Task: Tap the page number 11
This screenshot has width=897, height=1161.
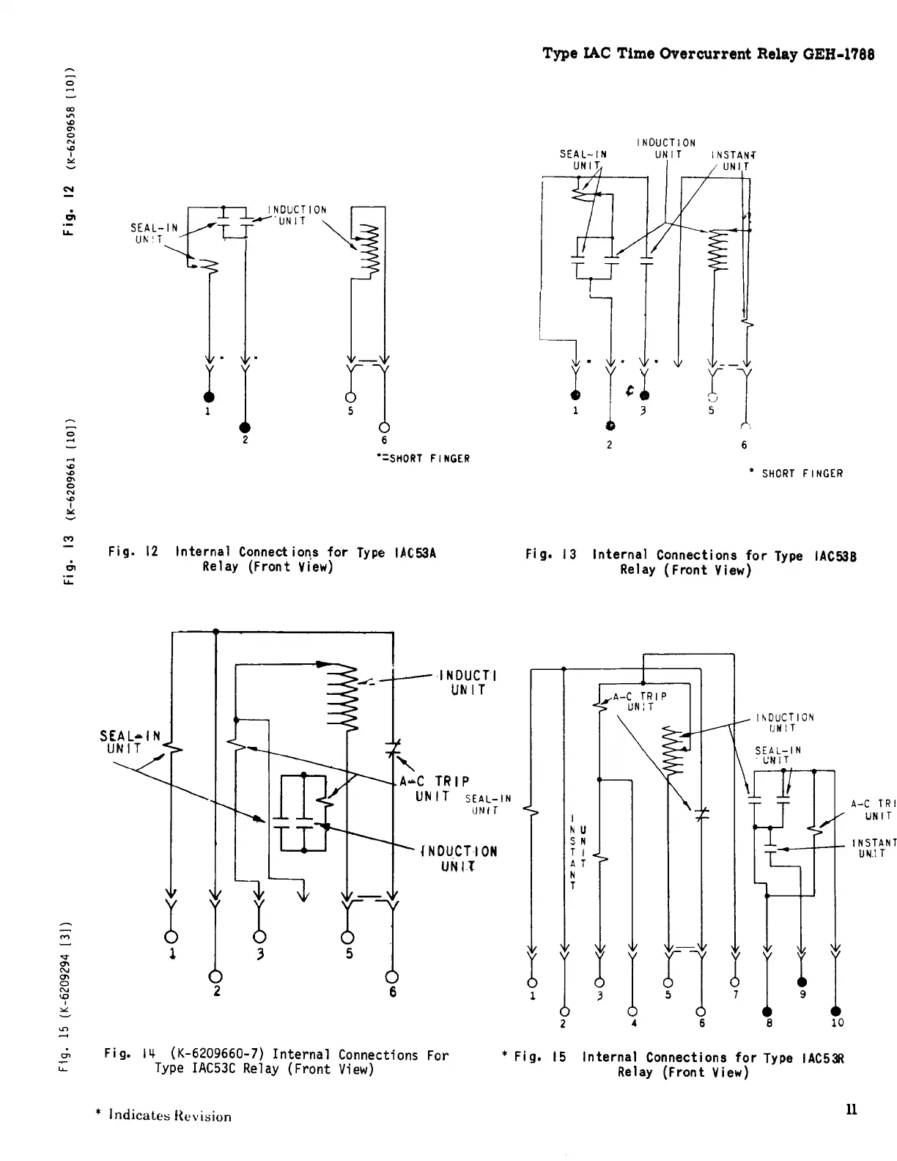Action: (x=851, y=1108)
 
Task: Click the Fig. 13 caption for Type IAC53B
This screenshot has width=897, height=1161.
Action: (x=691, y=562)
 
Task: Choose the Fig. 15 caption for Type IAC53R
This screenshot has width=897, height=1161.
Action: (x=678, y=1064)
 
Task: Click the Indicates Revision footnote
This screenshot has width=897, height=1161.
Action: (x=163, y=1116)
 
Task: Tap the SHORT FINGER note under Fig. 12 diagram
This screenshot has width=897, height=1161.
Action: (x=421, y=459)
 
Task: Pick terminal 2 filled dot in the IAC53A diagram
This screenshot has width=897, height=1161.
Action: (x=245, y=427)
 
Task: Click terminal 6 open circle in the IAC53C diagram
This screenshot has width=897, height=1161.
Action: (x=392, y=976)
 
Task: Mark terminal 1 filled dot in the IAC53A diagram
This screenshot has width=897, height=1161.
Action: (x=210, y=397)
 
